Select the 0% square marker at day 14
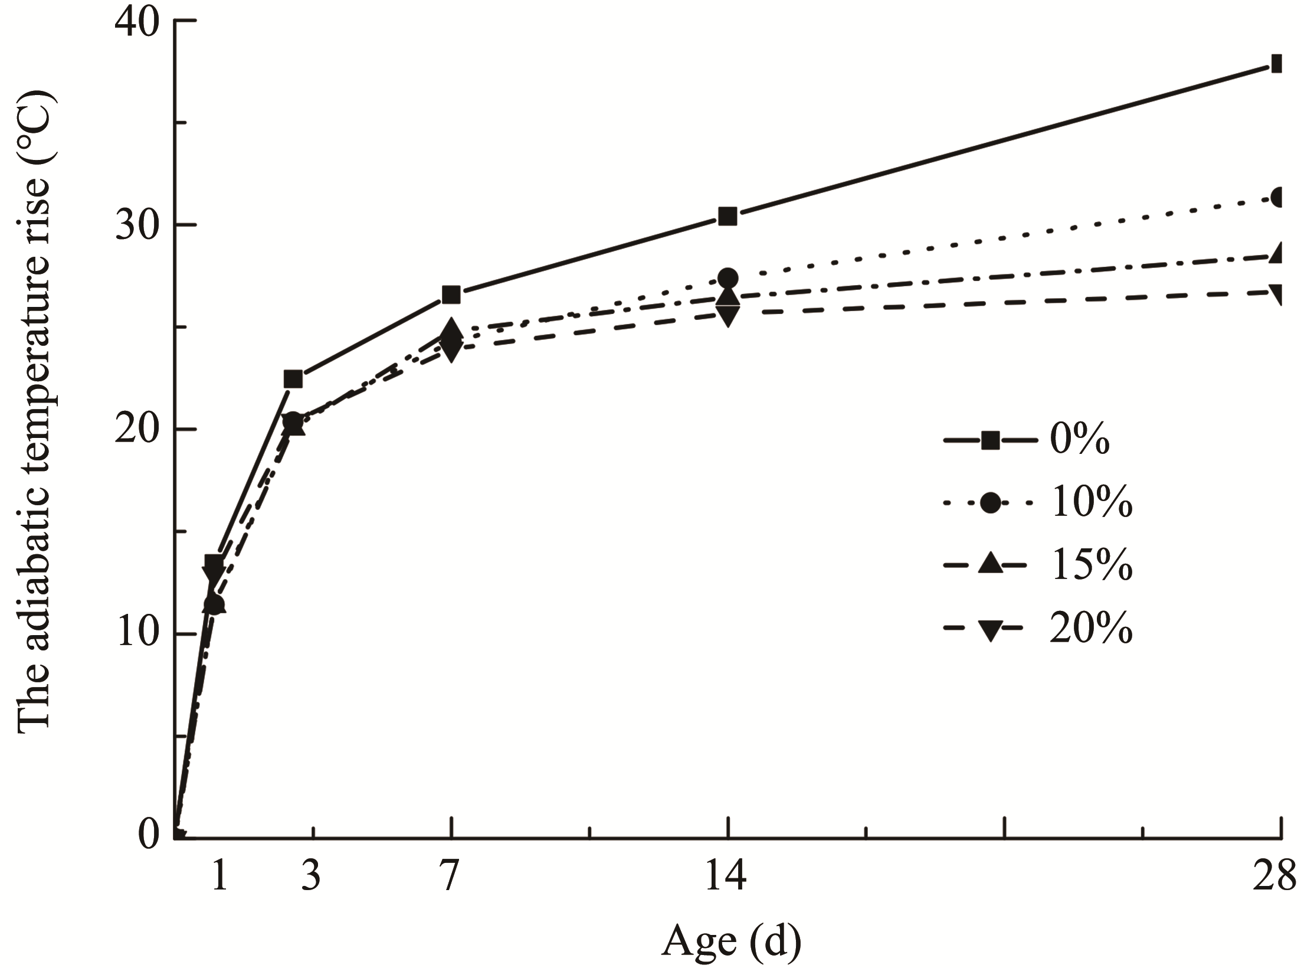click(727, 217)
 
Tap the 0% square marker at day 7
click(451, 295)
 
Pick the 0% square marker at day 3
click(293, 379)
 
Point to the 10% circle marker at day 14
click(728, 277)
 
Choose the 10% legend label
click(1091, 503)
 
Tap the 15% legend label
click(1091, 567)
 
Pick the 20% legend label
click(1091, 630)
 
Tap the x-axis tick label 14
click(727, 877)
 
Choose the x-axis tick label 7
click(451, 877)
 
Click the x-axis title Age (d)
click(732, 941)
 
